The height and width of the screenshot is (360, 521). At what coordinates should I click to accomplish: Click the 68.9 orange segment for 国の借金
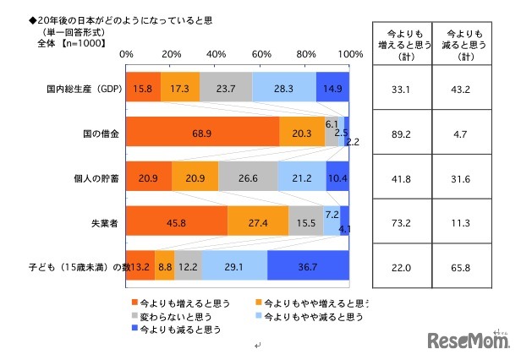(203, 132)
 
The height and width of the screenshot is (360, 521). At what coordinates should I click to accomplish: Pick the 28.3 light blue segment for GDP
(284, 87)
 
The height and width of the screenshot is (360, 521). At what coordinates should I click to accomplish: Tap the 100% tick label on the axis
(349, 53)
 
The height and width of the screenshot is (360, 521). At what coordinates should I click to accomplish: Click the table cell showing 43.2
(463, 87)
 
